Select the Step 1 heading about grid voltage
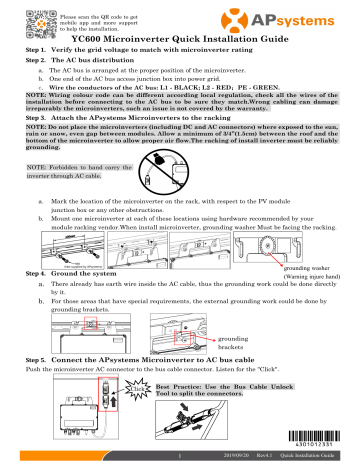tap(139, 50)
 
